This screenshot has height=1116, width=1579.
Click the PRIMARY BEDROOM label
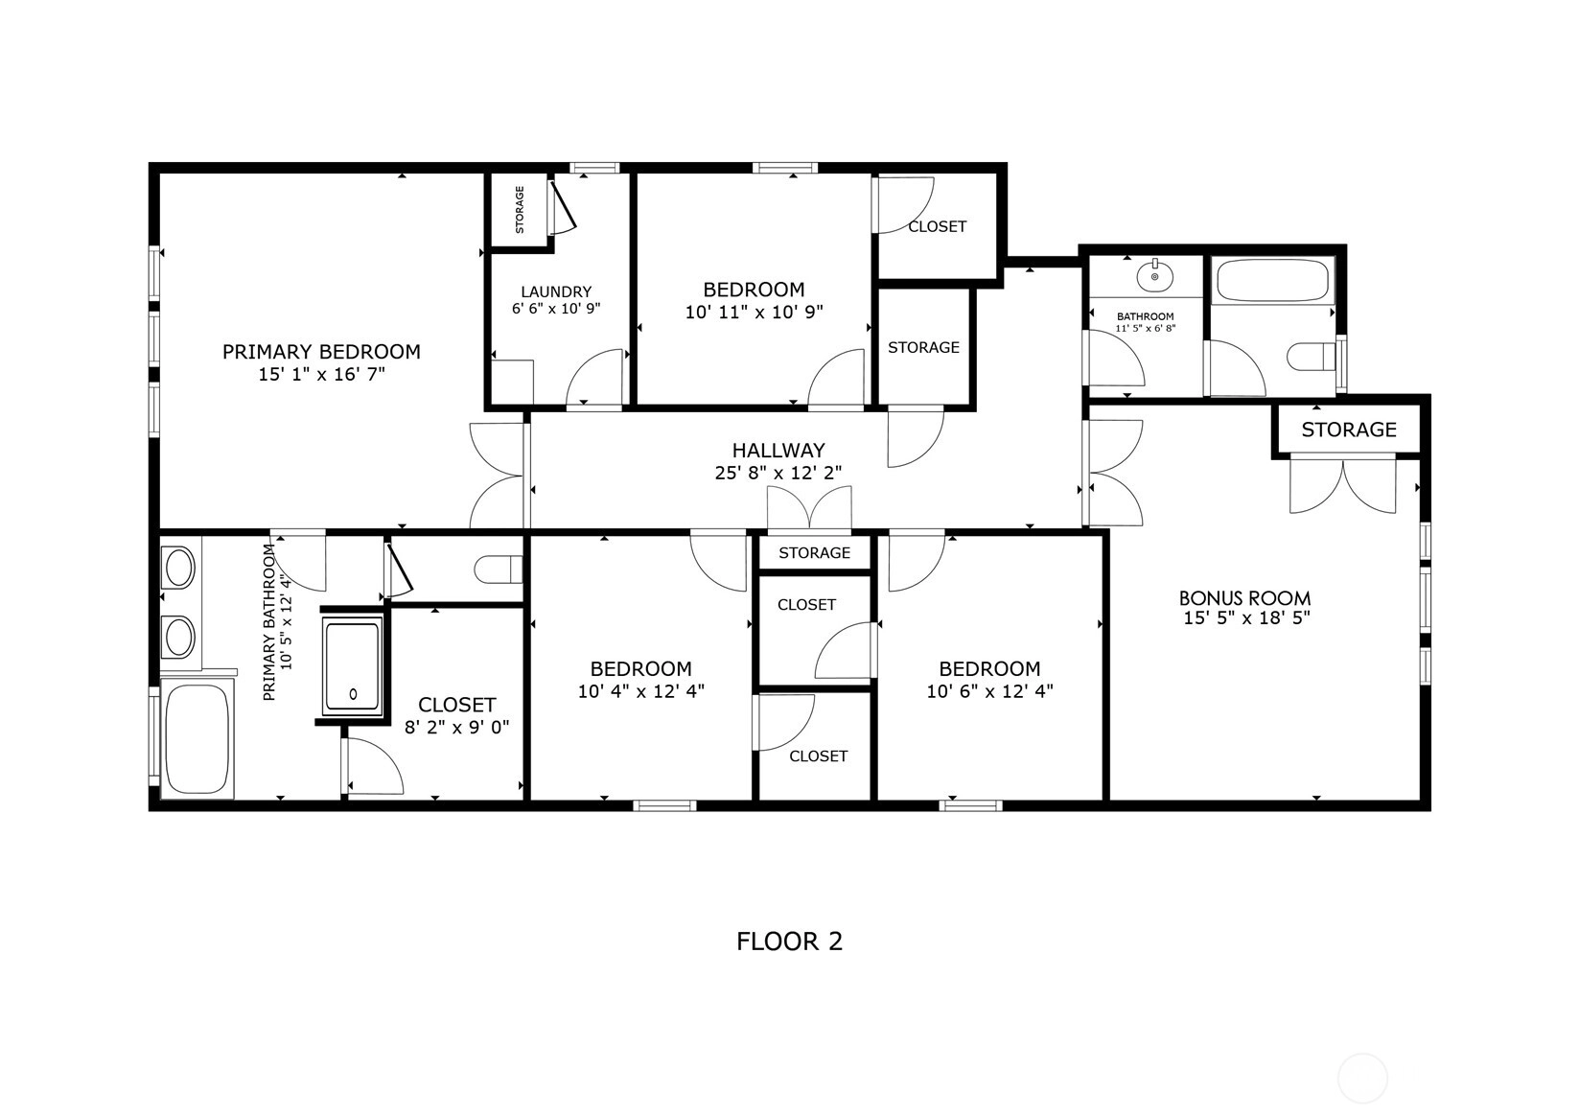click(321, 352)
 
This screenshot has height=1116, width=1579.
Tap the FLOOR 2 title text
click(790, 942)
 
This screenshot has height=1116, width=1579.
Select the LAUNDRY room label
click(556, 291)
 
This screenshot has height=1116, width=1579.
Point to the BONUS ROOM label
click(1244, 598)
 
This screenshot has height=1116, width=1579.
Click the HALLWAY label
click(778, 451)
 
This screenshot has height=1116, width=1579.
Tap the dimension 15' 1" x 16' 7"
click(321, 374)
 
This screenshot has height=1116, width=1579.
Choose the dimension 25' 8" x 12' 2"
click(778, 473)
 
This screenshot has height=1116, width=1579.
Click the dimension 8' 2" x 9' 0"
click(456, 727)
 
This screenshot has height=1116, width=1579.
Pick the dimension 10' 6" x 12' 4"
click(989, 691)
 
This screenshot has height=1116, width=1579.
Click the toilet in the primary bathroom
click(499, 570)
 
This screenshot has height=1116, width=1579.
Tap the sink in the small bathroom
click(1154, 276)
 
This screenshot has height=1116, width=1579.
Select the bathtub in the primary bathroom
click(197, 737)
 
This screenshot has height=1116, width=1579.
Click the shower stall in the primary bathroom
click(353, 666)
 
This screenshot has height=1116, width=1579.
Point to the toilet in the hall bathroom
click(1312, 357)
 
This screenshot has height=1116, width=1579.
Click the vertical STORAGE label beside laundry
click(520, 209)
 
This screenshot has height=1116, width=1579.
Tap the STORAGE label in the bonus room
click(1349, 430)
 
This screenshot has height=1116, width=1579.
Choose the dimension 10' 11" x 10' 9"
click(755, 312)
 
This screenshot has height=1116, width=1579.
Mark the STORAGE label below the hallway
click(814, 552)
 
